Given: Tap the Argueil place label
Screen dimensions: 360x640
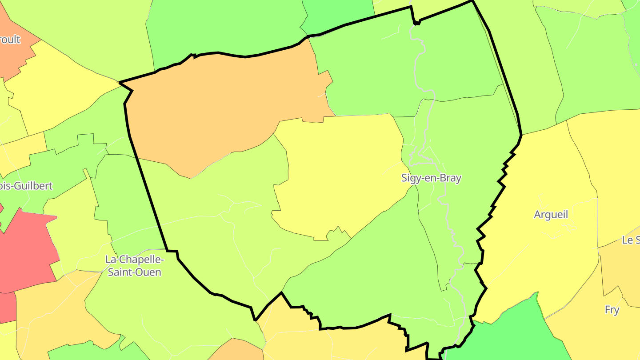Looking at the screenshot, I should [551, 215].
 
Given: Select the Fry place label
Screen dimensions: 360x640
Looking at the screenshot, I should [612, 310].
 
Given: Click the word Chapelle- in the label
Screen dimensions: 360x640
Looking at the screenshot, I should [141, 259].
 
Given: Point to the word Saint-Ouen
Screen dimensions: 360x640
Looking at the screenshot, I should [134, 272].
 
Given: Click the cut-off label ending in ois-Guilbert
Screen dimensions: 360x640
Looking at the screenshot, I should [27, 186].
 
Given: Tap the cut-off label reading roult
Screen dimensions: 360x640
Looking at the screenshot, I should [10, 40].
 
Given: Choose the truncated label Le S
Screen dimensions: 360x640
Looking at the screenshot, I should [631, 240].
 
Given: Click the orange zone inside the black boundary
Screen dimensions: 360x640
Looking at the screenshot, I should [213, 111].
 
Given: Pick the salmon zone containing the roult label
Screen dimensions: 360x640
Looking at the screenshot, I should [13, 58].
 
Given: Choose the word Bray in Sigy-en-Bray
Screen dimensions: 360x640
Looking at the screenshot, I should [449, 178].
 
